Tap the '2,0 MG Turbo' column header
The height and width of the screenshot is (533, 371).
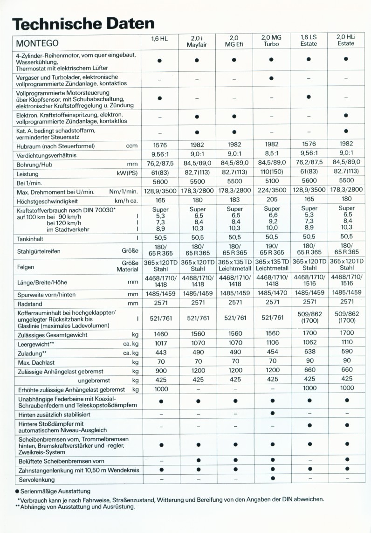click(272, 40)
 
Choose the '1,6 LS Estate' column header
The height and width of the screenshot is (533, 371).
click(309, 40)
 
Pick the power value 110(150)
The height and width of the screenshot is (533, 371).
click(272, 173)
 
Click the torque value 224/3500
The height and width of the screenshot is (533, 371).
click(272, 190)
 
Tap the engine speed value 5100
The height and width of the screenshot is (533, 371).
click(272, 181)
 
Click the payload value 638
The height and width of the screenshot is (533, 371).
click(309, 353)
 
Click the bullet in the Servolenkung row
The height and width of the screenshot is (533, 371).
click(272, 478)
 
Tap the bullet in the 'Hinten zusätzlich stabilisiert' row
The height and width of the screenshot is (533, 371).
click(272, 413)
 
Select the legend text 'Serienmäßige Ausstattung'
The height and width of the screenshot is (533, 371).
click(55, 491)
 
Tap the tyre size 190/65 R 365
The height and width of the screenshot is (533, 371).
click(272, 249)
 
